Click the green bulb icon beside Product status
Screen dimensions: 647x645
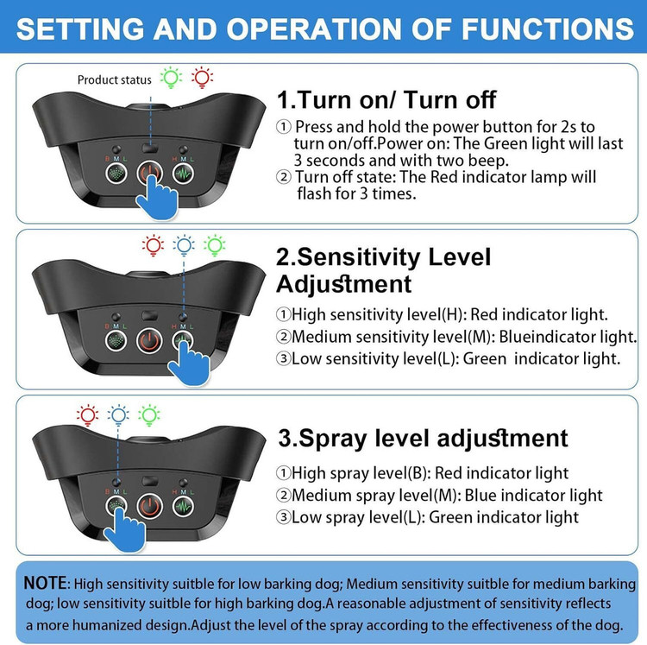coord(171,78)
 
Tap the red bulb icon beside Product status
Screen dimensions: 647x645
coord(202,78)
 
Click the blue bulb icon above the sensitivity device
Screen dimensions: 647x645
coord(184,246)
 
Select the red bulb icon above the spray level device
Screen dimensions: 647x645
coord(87,415)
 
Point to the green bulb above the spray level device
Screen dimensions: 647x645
coord(149,415)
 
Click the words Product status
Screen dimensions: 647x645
coord(114,79)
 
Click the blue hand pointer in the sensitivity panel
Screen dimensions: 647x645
coord(190,364)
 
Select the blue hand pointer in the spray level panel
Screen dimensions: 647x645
coord(124,530)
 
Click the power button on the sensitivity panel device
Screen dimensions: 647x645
coord(149,341)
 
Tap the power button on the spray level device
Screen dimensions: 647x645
coord(149,507)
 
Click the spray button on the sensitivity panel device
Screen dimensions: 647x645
coord(116,341)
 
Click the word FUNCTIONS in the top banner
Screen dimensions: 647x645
coord(548,28)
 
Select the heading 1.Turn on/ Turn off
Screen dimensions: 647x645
coord(386,100)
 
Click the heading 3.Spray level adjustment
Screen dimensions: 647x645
coord(423,439)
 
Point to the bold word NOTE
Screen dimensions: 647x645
coord(45,583)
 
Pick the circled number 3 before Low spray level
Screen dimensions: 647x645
coord(283,517)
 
